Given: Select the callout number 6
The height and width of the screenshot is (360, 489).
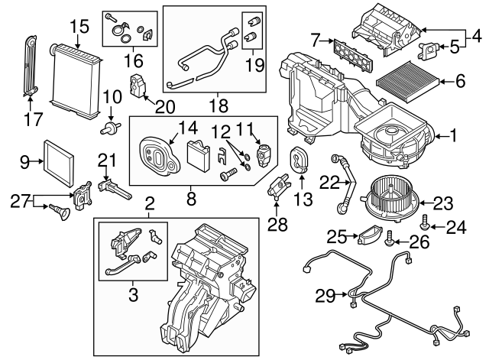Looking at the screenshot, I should click(x=460, y=79).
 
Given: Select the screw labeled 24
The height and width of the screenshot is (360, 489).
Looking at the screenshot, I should click(x=426, y=222).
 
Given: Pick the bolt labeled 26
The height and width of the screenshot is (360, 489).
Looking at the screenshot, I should click(x=390, y=235).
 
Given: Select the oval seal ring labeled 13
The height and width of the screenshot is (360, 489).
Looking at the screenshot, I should click(x=299, y=159).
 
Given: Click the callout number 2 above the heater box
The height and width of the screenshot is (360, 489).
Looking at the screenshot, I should click(x=150, y=203).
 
